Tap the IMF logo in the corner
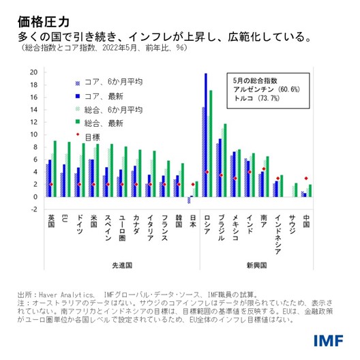click(331, 340)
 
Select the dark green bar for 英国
click(55, 168)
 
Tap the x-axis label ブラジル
click(220, 227)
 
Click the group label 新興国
click(255, 264)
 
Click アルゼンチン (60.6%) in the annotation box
click(262, 89)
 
